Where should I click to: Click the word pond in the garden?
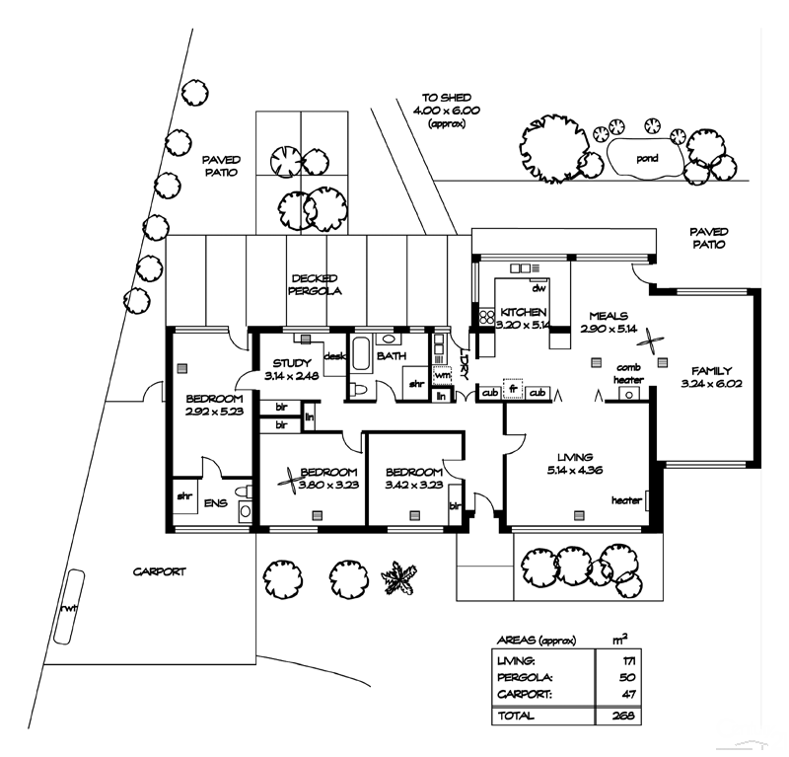tap(646, 157)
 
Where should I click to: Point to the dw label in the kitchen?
tap(538, 289)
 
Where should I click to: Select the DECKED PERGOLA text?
tap(315, 285)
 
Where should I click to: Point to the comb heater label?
tap(628, 373)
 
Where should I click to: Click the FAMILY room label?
tap(710, 370)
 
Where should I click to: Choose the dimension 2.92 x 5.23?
tap(214, 412)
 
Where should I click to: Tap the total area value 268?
tap(620, 716)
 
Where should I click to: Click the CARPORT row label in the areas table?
tap(523, 696)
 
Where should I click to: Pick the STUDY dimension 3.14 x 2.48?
tap(293, 376)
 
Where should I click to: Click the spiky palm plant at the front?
tap(400, 577)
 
